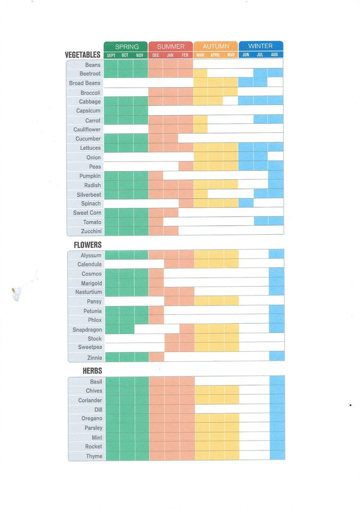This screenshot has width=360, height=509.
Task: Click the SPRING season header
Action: [126, 46]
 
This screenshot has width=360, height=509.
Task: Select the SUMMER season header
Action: [171, 46]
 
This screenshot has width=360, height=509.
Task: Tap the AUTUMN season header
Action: [216, 46]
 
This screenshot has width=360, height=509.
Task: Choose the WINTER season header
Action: [260, 46]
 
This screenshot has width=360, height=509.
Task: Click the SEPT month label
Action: [111, 55]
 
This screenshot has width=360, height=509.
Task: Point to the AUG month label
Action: [275, 55]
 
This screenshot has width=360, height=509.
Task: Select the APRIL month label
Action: [216, 55]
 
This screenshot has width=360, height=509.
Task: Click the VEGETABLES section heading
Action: [82, 55]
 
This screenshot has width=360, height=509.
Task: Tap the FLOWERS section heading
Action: [88, 245]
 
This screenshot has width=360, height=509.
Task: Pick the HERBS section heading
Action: [92, 371]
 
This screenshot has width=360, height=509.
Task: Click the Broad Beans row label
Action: [85, 83]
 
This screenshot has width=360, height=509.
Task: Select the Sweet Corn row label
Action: [87, 212]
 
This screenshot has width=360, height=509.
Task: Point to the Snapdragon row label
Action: [87, 330]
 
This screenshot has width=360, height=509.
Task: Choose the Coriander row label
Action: [90, 400]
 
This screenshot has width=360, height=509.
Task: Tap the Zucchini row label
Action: [91, 231]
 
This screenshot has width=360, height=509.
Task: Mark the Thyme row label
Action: [94, 456]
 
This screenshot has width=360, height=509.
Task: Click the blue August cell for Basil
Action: [277, 381]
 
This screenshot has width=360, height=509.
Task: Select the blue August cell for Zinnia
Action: [276, 357]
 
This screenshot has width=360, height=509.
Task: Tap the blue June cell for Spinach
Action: [246, 203]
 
